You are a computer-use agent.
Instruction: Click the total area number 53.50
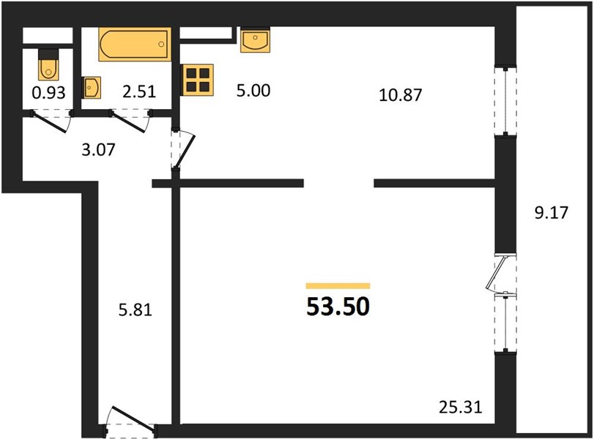point(338,307)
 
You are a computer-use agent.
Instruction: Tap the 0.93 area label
point(49,93)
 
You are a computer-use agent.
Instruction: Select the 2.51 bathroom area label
point(139,91)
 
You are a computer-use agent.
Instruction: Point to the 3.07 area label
point(98,150)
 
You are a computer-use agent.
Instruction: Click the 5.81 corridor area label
point(135,310)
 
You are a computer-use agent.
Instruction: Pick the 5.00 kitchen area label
point(253,91)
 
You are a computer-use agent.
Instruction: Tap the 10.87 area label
point(401,95)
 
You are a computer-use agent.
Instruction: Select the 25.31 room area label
point(461,408)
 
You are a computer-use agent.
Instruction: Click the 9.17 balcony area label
point(552,213)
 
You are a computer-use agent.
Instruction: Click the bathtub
point(135,45)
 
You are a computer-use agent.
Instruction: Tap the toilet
point(48,64)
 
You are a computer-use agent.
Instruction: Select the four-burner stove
point(197,80)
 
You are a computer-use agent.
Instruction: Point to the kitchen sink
point(256,40)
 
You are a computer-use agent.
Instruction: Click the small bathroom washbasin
point(92,87)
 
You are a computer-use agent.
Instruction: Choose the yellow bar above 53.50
point(338,286)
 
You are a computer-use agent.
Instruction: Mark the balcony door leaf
point(497,274)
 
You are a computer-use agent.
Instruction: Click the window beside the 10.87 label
point(505,101)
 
